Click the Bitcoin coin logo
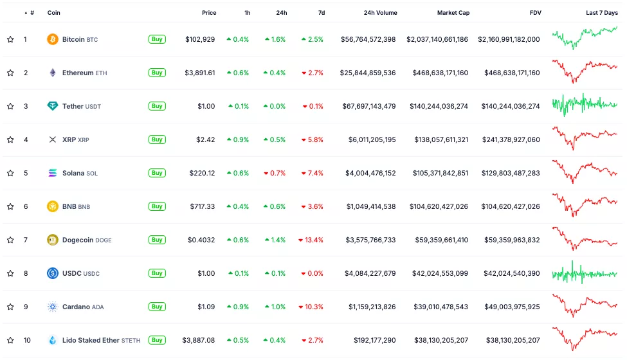[53, 39]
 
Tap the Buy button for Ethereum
[157, 73]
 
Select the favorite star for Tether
[10, 106]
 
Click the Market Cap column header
[453, 13]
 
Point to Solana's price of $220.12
[202, 173]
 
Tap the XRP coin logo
[53, 139]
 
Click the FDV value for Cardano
[509, 307]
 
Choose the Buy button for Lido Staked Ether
[157, 340]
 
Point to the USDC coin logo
[53, 273]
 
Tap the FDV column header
[535, 13]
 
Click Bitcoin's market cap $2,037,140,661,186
[437, 39]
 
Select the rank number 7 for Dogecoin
[26, 240]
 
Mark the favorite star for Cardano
[10, 307]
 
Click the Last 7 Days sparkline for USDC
[584, 273]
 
